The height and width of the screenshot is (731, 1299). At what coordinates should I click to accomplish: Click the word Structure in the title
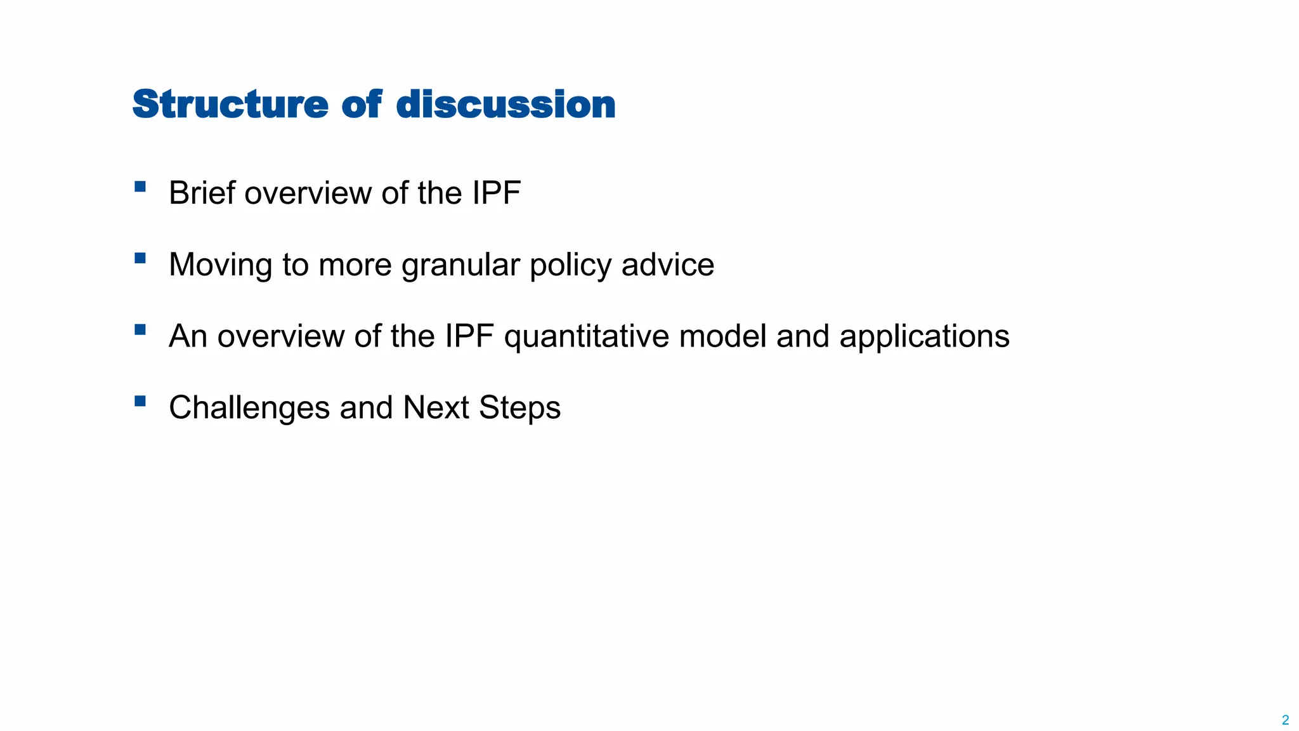tap(230, 105)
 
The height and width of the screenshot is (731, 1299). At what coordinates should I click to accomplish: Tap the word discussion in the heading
tap(506, 105)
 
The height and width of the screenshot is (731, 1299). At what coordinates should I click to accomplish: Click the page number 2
tap(1285, 720)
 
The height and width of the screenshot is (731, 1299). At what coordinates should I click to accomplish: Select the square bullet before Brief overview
tap(140, 187)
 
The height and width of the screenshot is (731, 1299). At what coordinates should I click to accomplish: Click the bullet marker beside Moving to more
tap(140, 258)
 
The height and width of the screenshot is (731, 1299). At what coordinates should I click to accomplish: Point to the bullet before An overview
tap(140, 329)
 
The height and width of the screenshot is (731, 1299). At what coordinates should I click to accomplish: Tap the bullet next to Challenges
tap(140, 401)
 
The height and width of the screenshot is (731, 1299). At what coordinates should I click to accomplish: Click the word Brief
tap(202, 193)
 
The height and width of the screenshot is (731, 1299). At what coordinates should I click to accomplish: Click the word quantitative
tap(586, 337)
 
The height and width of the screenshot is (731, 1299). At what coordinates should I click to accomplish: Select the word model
tap(722, 336)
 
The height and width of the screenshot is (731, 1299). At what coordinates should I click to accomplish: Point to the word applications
tap(924, 337)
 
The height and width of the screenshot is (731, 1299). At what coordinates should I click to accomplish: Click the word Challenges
tap(249, 408)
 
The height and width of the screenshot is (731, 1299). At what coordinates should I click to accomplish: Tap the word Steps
tap(519, 408)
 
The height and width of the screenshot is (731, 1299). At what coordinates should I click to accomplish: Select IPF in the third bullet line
tap(469, 336)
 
